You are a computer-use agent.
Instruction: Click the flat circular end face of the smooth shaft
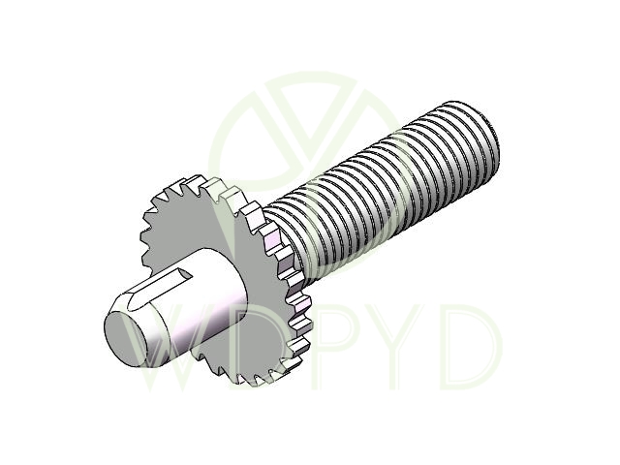coord(127,338)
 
